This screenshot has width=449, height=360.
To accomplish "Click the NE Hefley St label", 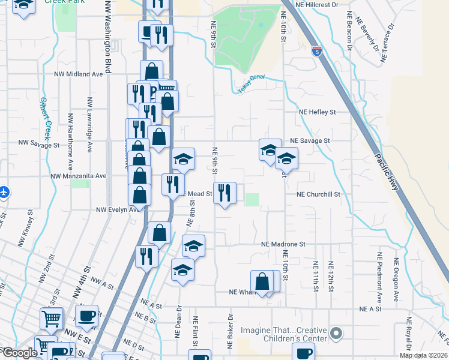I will click(318, 112).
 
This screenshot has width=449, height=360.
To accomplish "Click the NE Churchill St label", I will click(318, 194).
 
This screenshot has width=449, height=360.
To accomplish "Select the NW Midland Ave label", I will click(79, 74).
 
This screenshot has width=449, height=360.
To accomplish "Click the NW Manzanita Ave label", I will click(79, 176).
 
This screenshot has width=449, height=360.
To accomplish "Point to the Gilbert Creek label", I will click(46, 116).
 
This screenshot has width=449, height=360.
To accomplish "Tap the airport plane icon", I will click(4, 193).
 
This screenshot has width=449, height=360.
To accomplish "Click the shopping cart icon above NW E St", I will click(51, 318).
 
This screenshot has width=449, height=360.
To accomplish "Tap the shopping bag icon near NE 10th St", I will click(262, 281).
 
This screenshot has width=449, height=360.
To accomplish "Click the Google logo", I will click(20, 353).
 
